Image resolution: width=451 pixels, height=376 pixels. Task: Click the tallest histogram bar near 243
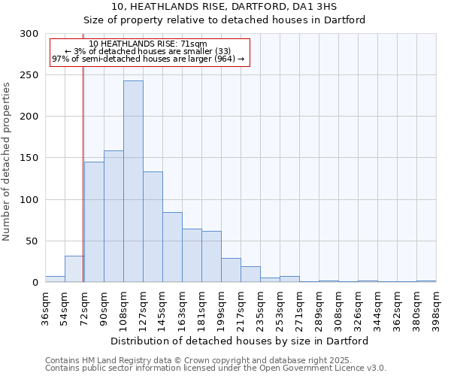pos(133,181)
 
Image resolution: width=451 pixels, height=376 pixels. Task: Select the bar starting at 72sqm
pos(94,222)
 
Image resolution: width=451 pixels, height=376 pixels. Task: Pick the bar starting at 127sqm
pos(153,227)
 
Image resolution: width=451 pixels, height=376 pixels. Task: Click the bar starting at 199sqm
pos(231,270)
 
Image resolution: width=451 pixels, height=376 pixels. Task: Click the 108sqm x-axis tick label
pos(124,308)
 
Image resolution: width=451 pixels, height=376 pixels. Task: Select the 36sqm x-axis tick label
pos(46,308)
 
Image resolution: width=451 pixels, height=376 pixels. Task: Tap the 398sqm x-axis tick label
pos(437,308)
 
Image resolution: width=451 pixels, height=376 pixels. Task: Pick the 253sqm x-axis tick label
pos(280,308)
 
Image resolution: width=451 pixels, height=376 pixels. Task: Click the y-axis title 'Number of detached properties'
pos(8,162)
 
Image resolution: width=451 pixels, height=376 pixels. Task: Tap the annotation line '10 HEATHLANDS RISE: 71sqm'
pos(148,44)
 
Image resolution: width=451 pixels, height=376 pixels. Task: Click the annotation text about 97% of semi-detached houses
pos(148,59)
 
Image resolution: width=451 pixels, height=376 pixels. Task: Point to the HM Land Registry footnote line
pos(214,360)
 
